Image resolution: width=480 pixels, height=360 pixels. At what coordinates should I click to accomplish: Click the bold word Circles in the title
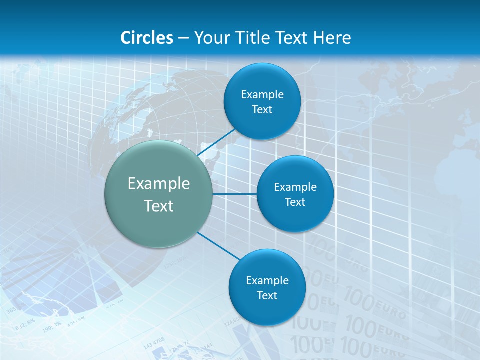tap(147, 38)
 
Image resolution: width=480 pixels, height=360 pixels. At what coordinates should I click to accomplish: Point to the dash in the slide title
tap(183, 38)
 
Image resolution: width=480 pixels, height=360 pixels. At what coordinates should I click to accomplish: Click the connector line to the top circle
tap(217, 142)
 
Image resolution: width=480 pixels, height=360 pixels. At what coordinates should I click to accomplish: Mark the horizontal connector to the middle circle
tap(235, 194)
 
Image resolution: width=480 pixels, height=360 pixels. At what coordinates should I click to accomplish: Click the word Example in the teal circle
tap(159, 184)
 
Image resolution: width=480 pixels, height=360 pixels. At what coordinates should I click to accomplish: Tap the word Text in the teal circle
tap(159, 206)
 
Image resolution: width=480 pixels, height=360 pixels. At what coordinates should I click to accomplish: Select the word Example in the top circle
tap(262, 95)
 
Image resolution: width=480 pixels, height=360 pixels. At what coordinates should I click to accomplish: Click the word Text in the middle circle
tap(295, 202)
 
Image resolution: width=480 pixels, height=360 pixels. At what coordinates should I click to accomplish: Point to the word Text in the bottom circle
tap(267, 295)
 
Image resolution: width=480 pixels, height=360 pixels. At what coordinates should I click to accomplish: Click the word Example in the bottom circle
tap(267, 280)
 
